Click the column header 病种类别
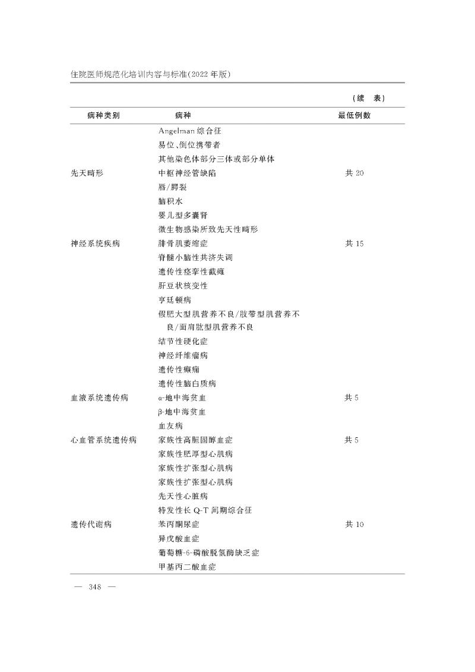pos(103,115)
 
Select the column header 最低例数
pos(354,115)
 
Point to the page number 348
pos(94,587)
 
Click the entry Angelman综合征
pos(189,131)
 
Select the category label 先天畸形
pos(87,173)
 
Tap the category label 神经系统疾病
pos(95,244)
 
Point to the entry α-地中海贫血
pos(183,397)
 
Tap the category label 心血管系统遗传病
pos(103,440)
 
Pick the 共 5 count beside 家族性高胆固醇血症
pos(351,440)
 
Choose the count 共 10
pos(354,525)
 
